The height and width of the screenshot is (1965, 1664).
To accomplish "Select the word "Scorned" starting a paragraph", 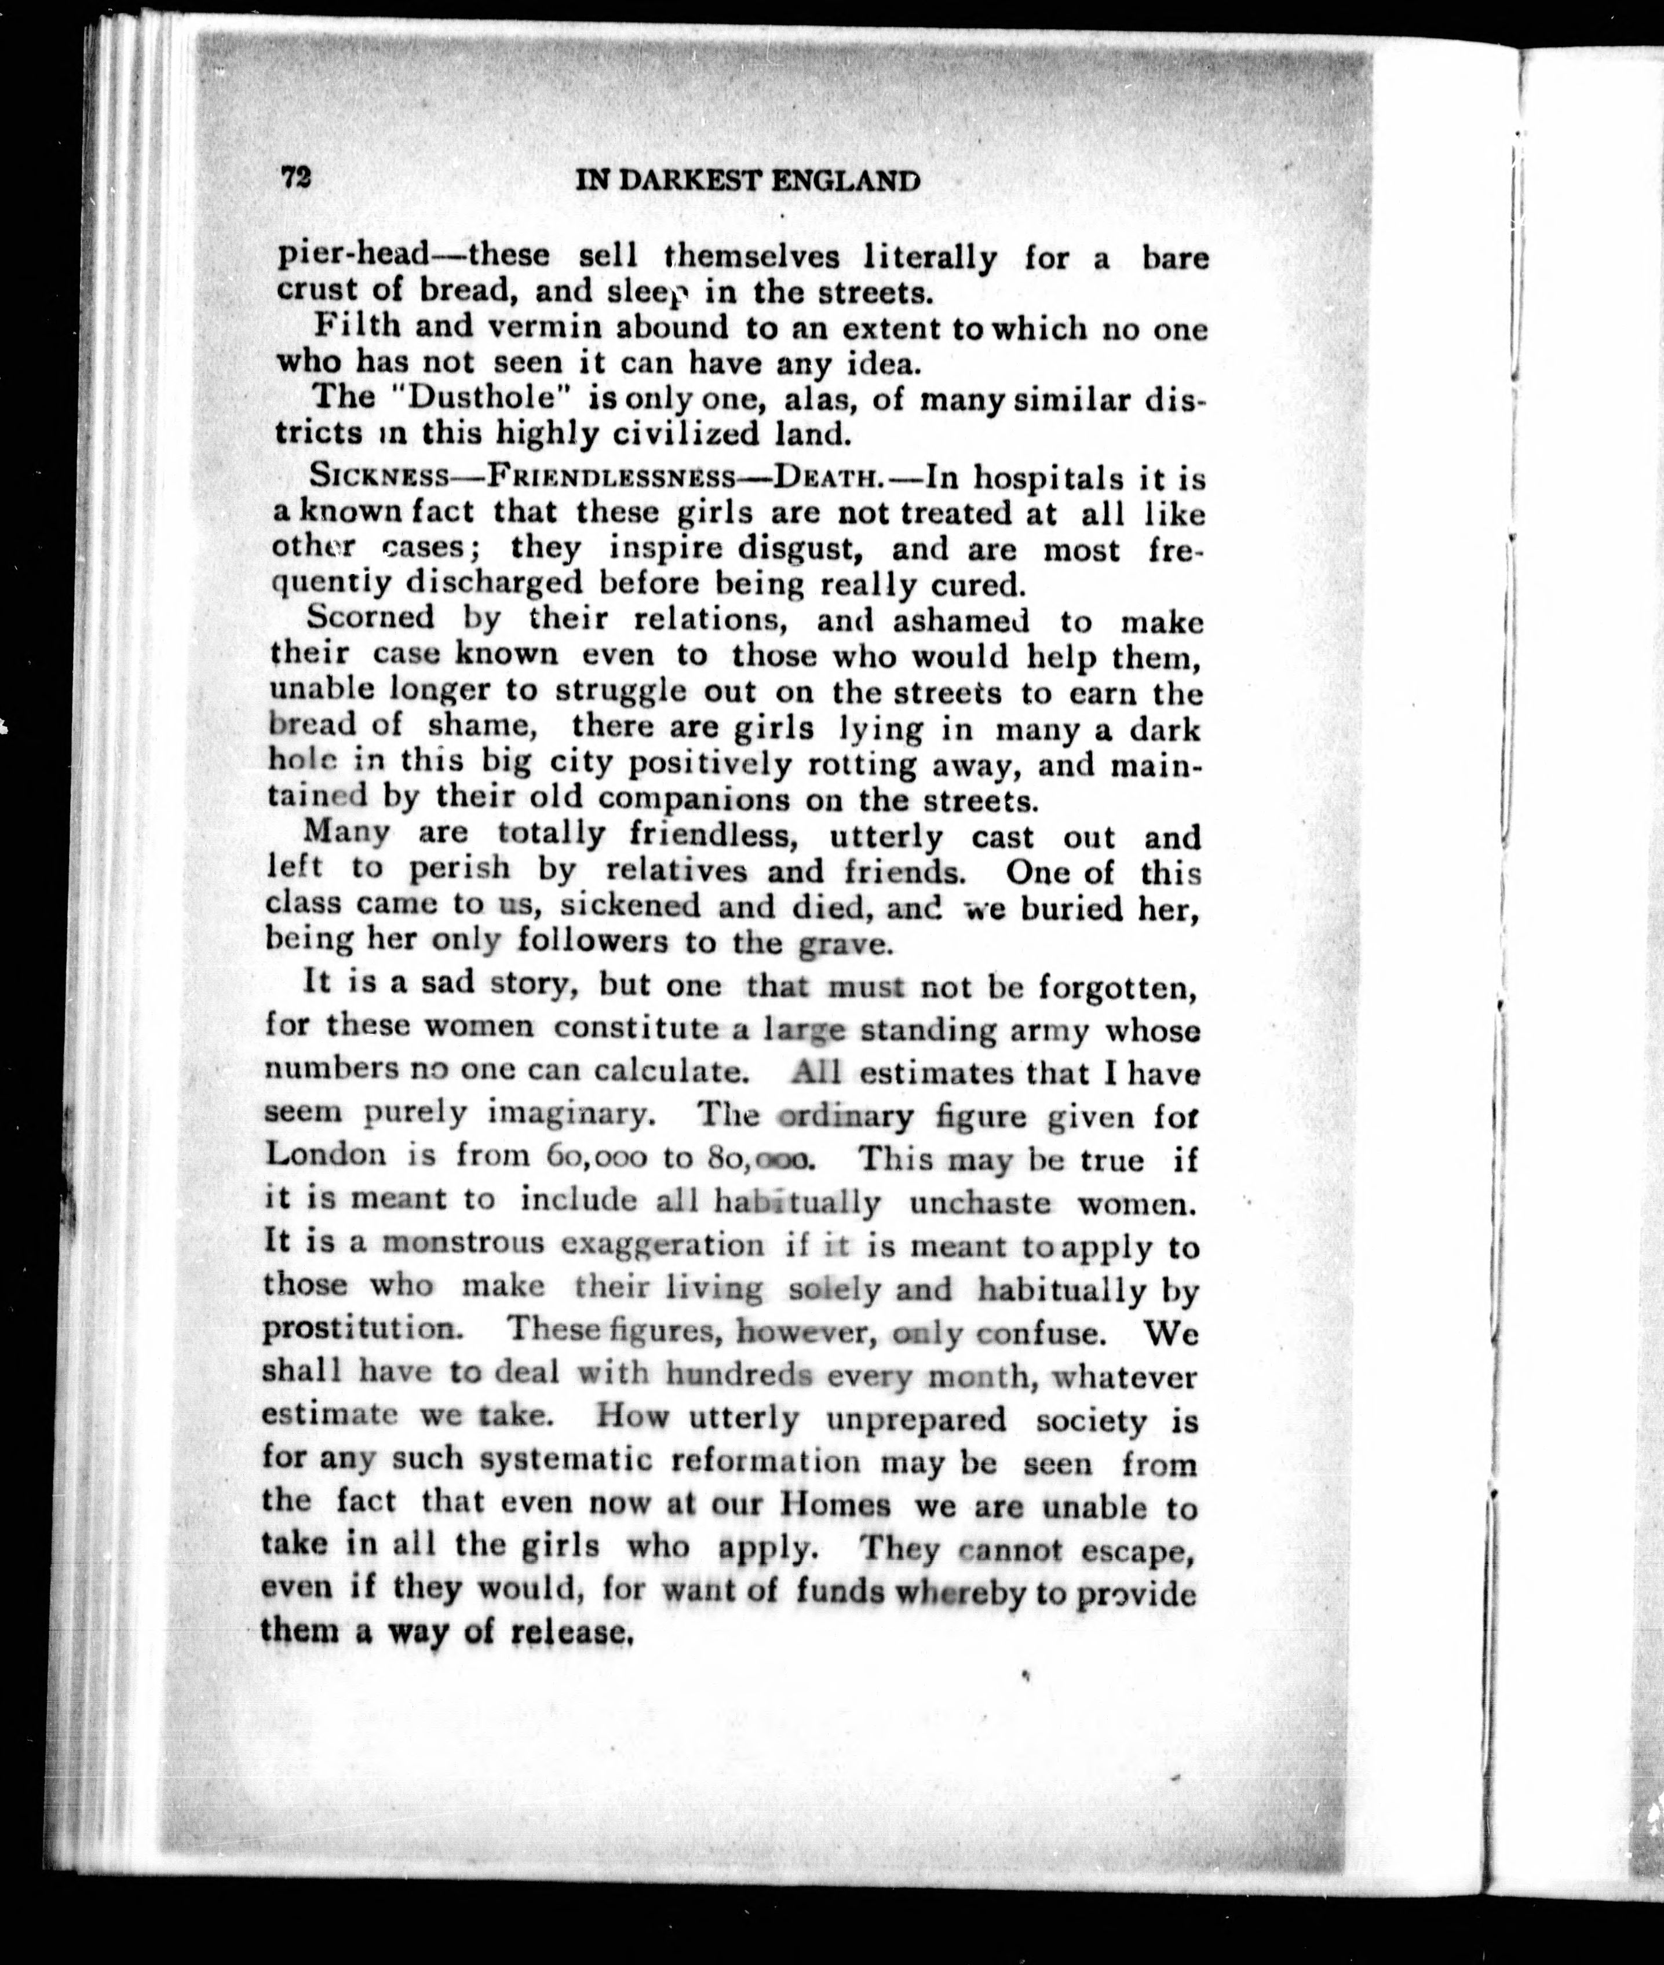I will pos(371,619).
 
